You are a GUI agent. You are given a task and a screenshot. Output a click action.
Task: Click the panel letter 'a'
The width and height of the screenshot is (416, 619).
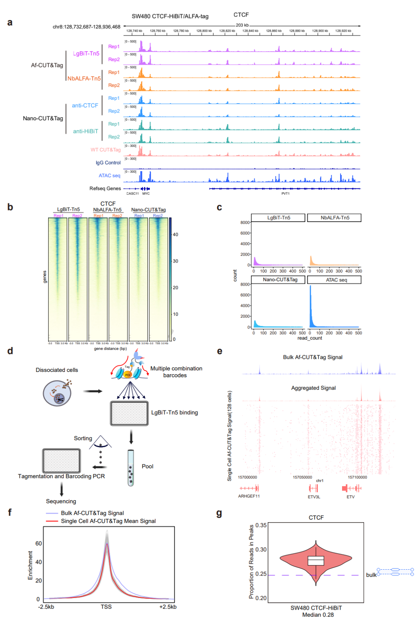[x=10, y=22]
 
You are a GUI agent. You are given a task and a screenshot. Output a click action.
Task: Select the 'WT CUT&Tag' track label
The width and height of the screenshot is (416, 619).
[x=106, y=150]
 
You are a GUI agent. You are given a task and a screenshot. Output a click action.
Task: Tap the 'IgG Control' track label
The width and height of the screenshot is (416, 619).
[x=108, y=163]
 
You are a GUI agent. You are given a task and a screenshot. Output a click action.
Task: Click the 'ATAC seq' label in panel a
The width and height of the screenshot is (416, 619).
[x=109, y=175]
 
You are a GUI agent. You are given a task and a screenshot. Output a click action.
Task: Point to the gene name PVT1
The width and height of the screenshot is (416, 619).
[x=285, y=193]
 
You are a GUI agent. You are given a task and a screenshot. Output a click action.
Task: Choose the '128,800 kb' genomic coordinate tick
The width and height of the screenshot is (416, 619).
[x=204, y=31]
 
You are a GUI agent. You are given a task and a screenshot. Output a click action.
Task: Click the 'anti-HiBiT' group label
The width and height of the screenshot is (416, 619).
[x=86, y=131]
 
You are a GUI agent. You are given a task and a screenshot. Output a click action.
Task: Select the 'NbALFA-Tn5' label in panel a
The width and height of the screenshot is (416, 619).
[x=84, y=78]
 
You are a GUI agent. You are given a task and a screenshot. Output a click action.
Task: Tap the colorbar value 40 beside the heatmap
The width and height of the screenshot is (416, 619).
[x=175, y=234]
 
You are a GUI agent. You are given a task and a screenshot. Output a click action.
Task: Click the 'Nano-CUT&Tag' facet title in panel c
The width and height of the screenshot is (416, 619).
[x=280, y=279]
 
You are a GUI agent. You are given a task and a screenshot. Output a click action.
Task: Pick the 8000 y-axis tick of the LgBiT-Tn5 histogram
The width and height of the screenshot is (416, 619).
[x=245, y=222]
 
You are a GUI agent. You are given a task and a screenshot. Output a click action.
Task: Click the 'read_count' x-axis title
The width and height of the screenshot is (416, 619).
[x=310, y=338]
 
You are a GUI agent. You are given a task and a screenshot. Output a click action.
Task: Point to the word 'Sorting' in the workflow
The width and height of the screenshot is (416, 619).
[x=83, y=438]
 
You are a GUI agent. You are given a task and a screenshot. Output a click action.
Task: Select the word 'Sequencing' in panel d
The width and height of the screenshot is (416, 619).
[x=61, y=501]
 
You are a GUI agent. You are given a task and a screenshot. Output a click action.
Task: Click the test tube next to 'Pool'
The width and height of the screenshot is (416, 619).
[x=131, y=468]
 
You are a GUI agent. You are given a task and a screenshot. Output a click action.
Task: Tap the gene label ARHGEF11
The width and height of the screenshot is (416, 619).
[x=249, y=496]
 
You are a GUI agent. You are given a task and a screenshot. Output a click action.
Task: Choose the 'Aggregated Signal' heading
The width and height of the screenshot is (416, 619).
[x=313, y=388]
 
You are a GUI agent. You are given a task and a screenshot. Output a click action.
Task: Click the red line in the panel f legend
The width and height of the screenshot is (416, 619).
[x=52, y=521]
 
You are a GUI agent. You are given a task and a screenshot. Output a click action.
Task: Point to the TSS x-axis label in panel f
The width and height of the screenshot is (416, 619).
[x=106, y=607]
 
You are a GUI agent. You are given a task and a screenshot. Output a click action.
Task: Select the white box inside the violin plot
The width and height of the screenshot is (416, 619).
[x=316, y=560]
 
